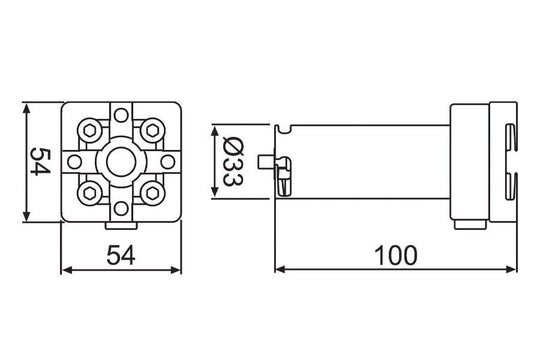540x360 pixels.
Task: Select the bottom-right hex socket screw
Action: pos(152,194)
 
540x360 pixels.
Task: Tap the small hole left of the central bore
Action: pos(75,161)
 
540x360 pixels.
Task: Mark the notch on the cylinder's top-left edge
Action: pos(286,127)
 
